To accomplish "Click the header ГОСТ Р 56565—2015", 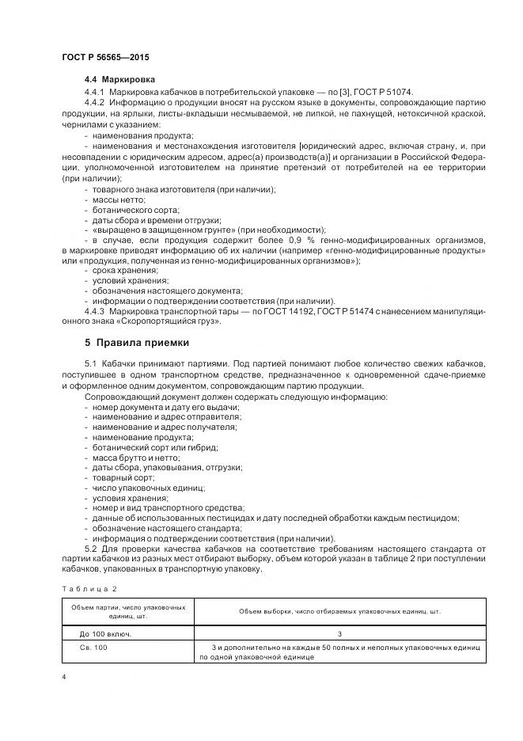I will click(104, 58).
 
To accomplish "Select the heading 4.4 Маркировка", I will click(120, 80).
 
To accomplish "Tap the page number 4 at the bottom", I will click(63, 678).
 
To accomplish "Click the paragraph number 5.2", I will click(89, 548).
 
